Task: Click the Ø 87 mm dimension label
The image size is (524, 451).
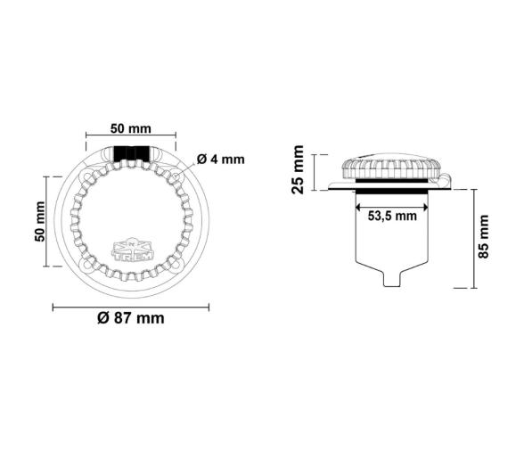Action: (x=131, y=318)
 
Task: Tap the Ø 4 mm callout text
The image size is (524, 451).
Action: (x=219, y=160)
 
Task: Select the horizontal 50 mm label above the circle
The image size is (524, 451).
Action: (x=130, y=128)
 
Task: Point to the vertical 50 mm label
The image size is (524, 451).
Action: (x=39, y=221)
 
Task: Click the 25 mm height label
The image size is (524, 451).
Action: (x=299, y=168)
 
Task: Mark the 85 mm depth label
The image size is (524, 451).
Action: (x=485, y=237)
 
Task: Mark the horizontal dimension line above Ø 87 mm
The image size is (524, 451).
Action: (x=131, y=307)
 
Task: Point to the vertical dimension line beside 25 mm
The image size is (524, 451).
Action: (x=315, y=168)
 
